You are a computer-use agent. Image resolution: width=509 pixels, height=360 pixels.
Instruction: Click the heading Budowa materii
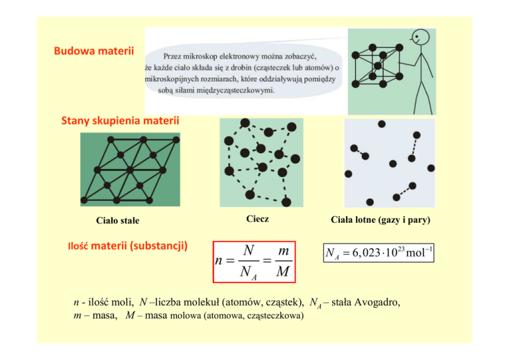click(x=94, y=51)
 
